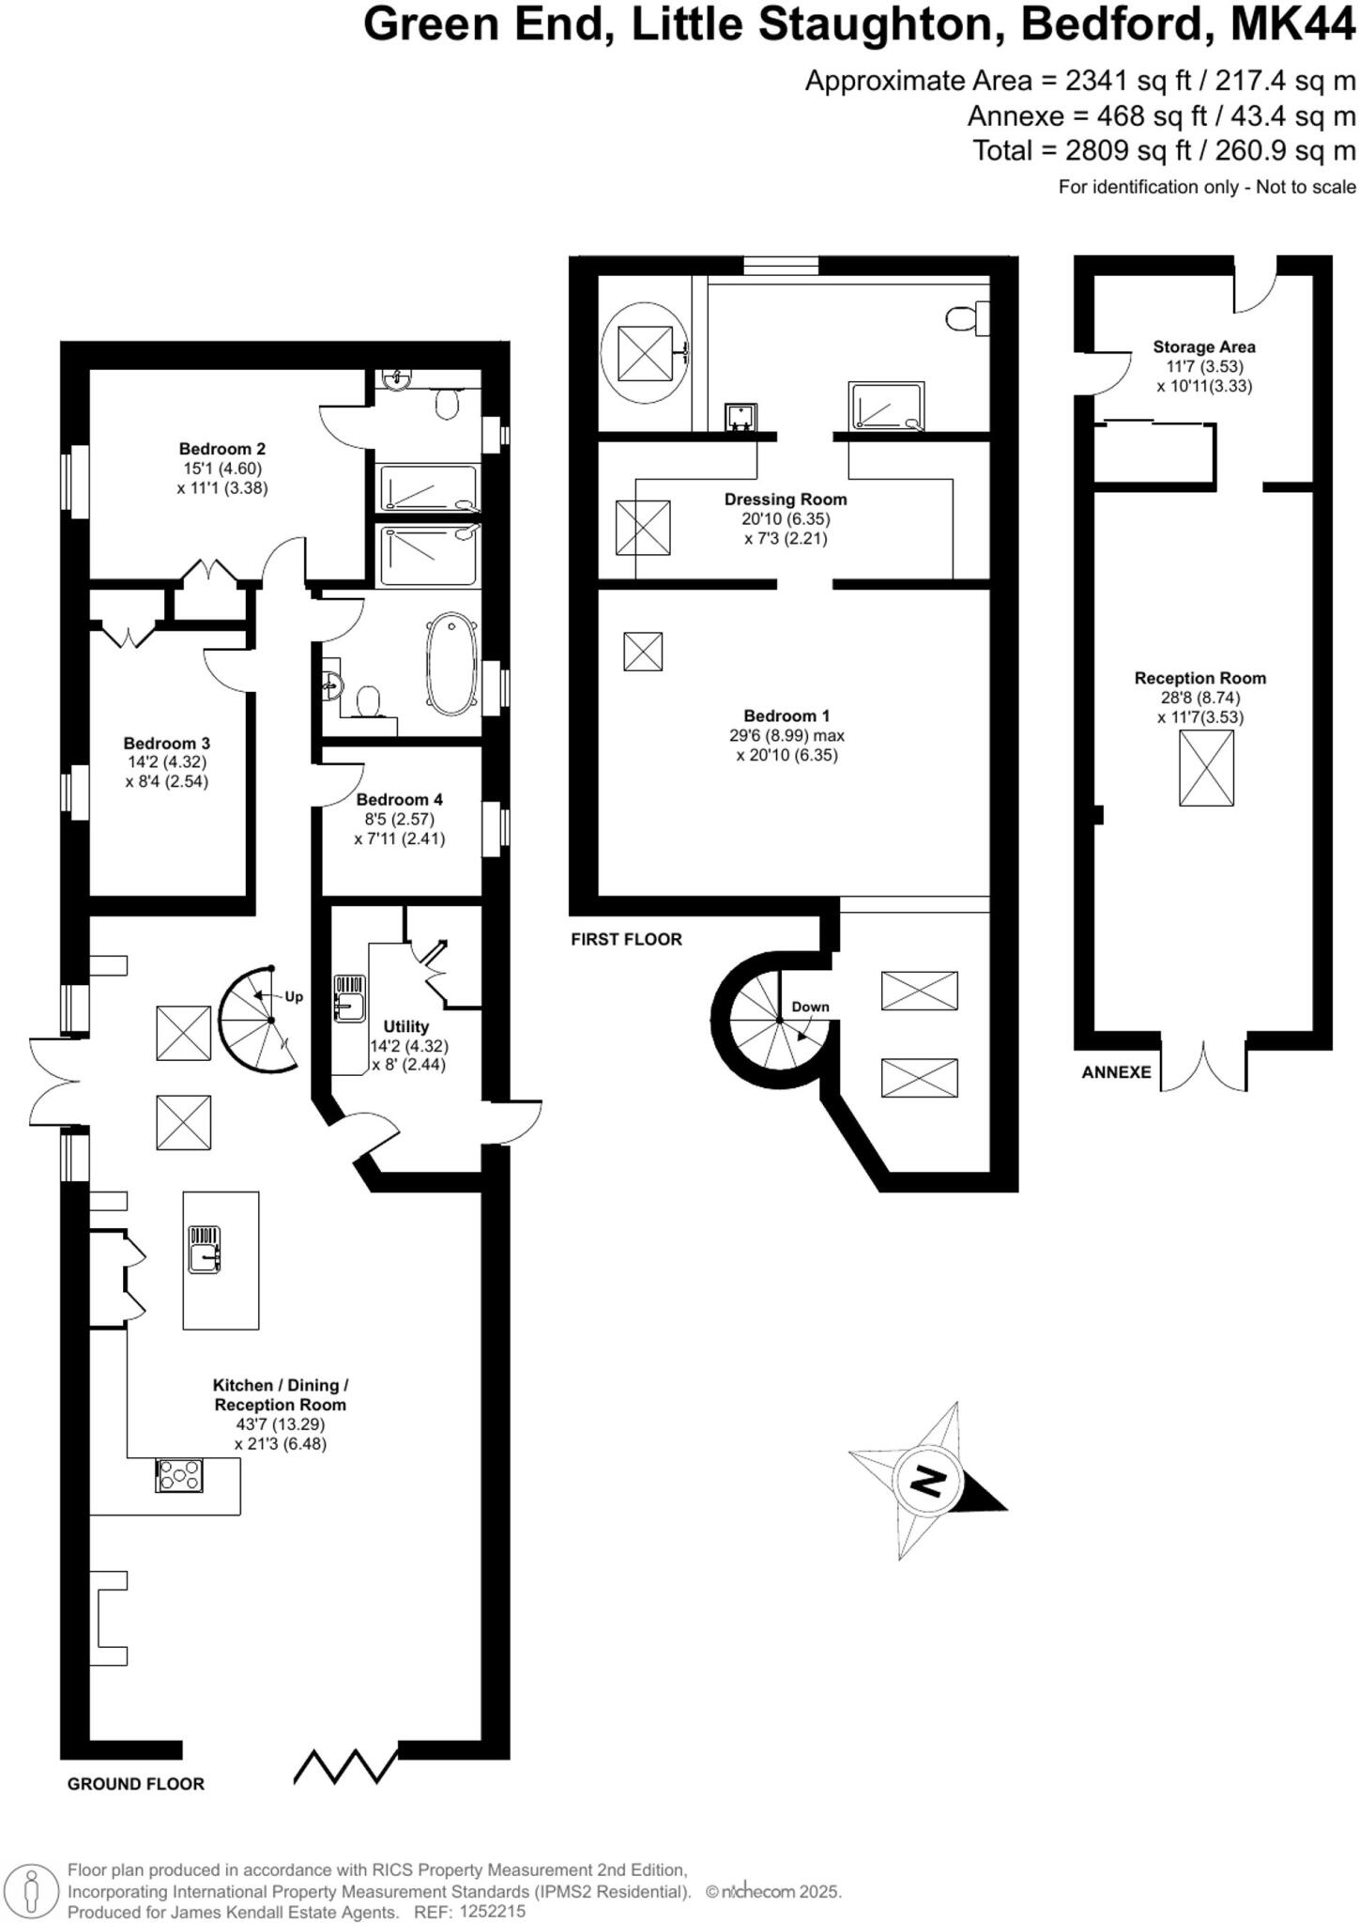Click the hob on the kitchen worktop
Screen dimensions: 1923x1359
click(x=178, y=1475)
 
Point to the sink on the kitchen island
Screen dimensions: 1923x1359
click(x=205, y=1250)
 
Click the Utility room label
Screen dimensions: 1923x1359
click(x=405, y=1026)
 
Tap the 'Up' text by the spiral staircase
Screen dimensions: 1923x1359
click(x=294, y=997)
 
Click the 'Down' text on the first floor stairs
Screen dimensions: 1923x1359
click(x=810, y=1007)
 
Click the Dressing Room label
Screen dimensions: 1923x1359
click(x=785, y=500)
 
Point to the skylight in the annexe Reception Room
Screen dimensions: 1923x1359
click(x=1206, y=767)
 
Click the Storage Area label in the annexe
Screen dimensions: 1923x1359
click(x=1203, y=346)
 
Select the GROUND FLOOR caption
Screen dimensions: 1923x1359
click(x=135, y=1784)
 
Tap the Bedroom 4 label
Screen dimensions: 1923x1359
click(x=399, y=799)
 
